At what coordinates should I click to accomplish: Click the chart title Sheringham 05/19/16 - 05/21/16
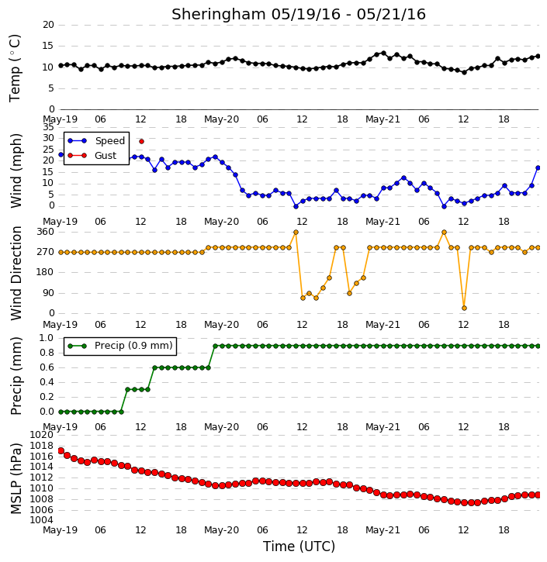(299, 14)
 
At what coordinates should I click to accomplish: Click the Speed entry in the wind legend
(109, 141)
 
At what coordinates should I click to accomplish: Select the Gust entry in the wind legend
(106, 156)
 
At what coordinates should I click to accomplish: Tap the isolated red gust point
(141, 142)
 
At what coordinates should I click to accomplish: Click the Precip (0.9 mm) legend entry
(133, 346)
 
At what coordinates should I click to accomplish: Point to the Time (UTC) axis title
(299, 546)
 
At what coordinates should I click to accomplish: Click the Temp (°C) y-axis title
(15, 68)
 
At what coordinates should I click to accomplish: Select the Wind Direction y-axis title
(16, 273)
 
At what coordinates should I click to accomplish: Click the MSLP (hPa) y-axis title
(16, 478)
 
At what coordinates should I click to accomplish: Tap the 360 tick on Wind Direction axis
(45, 232)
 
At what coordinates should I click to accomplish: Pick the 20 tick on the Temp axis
(48, 25)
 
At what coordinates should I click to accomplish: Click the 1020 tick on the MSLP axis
(42, 435)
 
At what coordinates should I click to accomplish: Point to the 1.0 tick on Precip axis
(47, 338)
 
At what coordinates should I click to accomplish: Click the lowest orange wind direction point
(464, 308)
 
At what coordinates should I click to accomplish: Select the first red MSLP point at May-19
(61, 451)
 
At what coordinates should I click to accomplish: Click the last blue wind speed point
(538, 167)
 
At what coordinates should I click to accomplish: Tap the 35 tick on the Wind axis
(48, 127)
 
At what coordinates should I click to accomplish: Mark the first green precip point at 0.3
(127, 390)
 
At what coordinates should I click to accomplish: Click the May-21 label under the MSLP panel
(383, 529)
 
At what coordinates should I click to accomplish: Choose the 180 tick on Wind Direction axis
(45, 272)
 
